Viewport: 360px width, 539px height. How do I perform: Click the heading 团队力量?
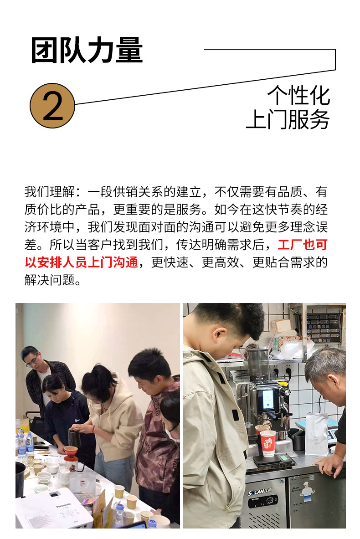click(x=87, y=50)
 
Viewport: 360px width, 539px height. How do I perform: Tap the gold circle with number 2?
click(x=52, y=106)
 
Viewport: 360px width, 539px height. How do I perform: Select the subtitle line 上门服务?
click(x=288, y=119)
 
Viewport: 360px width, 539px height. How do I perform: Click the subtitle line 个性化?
click(x=298, y=95)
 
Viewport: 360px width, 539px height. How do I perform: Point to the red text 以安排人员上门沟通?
click(x=82, y=262)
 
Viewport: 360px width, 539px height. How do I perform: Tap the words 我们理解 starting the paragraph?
click(x=50, y=191)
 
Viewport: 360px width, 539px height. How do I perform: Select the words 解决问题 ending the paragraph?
click(x=50, y=280)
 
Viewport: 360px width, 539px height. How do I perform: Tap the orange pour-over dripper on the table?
click(x=71, y=452)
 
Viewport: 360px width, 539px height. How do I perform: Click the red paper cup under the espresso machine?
click(x=267, y=443)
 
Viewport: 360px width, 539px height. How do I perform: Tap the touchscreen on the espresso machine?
click(x=268, y=399)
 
